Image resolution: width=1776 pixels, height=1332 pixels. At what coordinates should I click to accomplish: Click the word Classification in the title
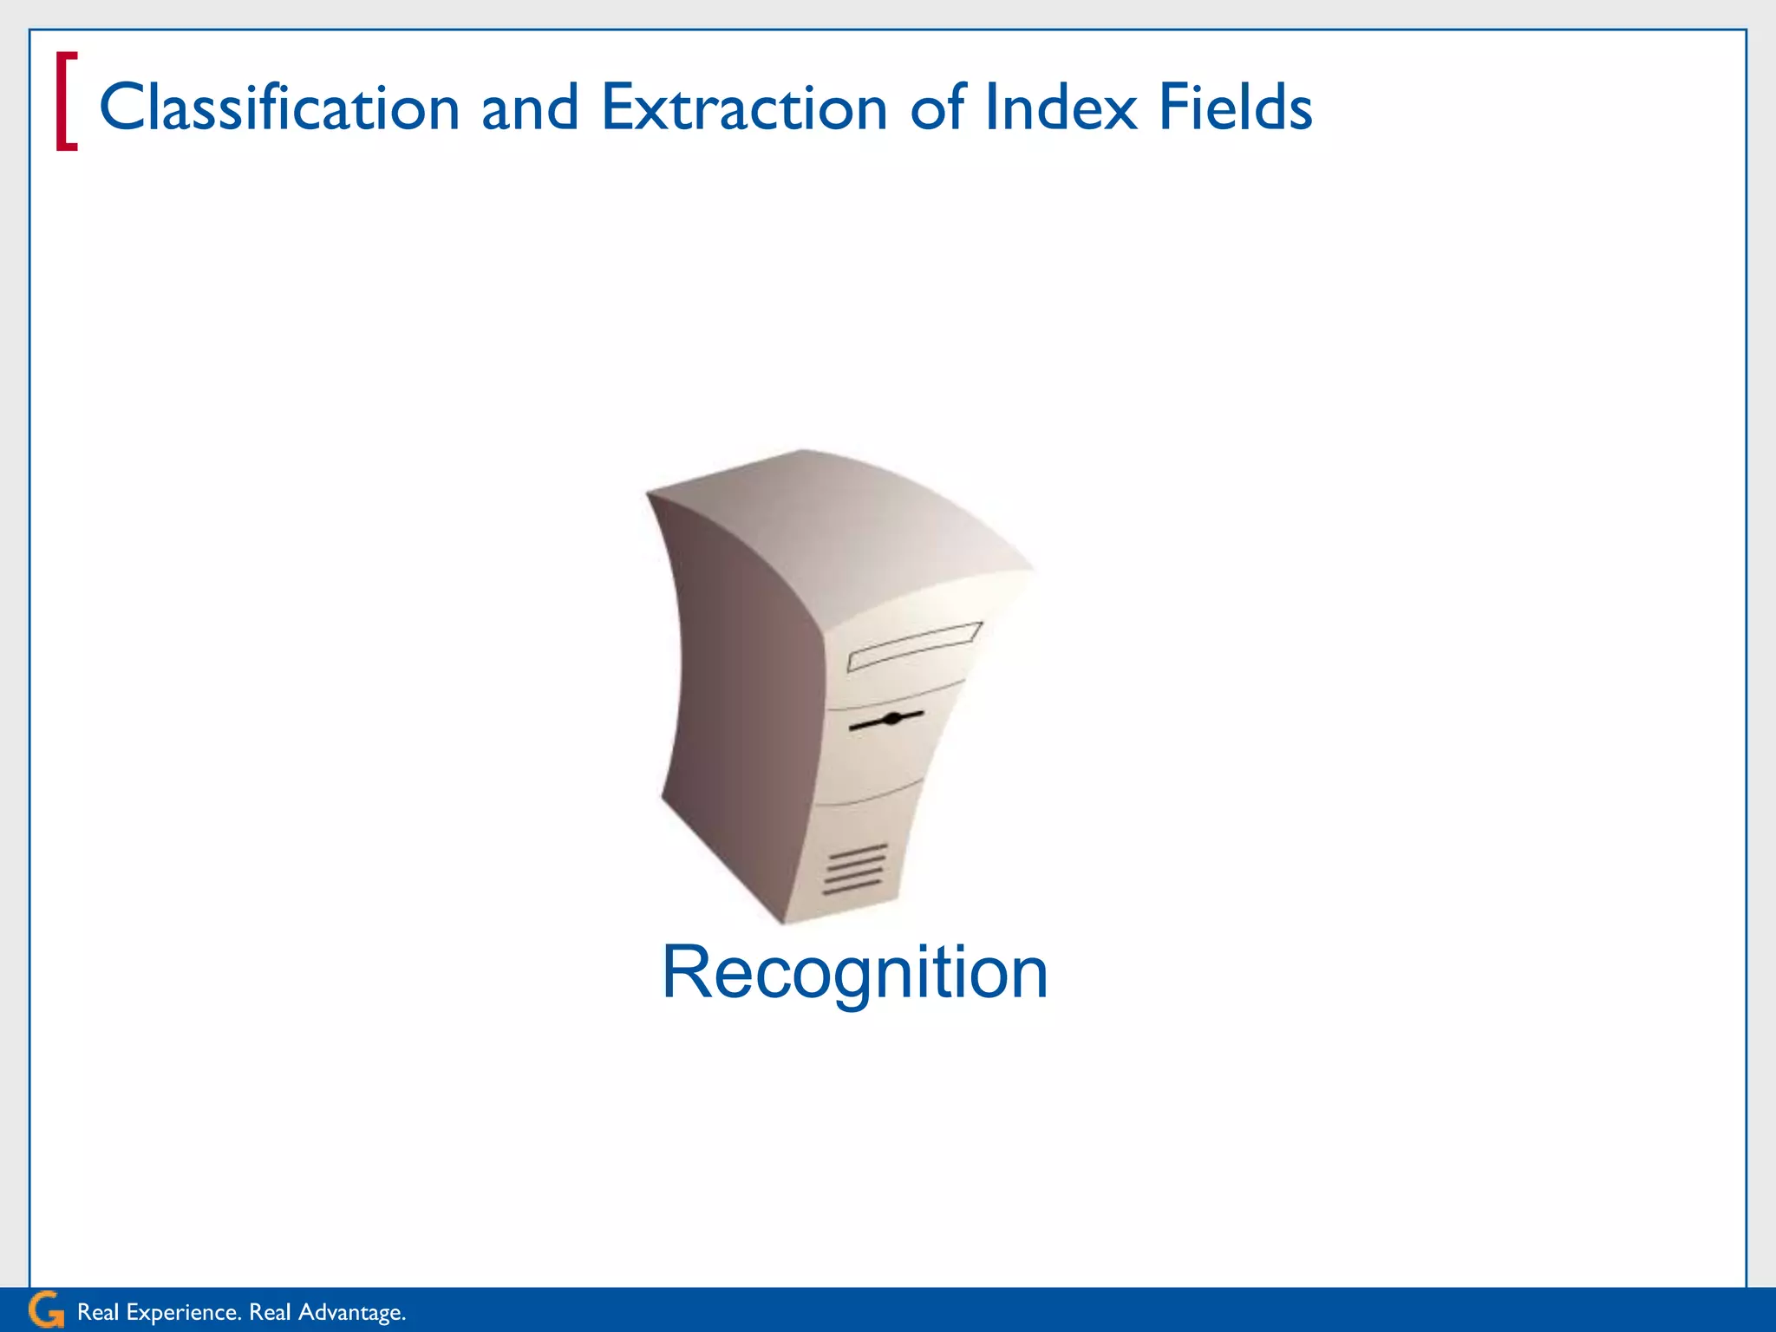point(279,108)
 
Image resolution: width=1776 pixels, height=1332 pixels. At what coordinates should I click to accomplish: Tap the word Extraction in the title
point(744,108)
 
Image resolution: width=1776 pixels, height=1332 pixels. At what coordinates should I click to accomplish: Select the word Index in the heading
point(1061,108)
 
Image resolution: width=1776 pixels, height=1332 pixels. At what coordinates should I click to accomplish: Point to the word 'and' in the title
point(530,108)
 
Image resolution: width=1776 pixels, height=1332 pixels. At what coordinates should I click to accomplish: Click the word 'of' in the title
point(937,108)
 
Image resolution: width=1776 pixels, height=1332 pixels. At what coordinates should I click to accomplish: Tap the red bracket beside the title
point(67,101)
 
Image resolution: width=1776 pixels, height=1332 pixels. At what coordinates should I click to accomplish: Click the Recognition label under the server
point(854,973)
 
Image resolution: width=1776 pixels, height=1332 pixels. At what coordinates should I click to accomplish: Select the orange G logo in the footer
point(45,1310)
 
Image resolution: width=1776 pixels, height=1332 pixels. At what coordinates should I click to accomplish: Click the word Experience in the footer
point(182,1312)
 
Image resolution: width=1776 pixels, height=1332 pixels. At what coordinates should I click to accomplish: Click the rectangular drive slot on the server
point(914,647)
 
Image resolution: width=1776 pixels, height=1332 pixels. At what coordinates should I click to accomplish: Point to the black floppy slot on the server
point(886,720)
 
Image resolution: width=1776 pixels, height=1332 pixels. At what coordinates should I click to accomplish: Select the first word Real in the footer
point(97,1312)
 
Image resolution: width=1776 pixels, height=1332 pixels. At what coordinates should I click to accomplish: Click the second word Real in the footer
point(270,1312)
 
